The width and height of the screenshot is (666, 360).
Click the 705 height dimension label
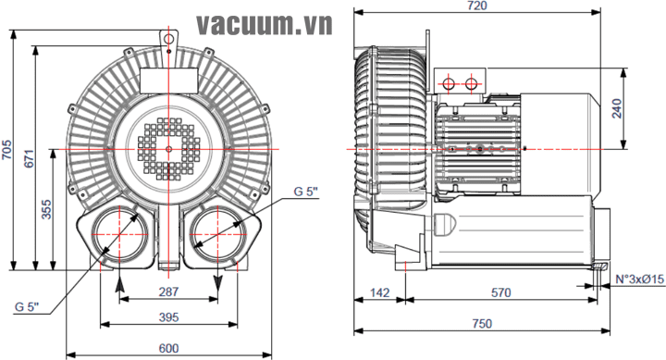[6, 150]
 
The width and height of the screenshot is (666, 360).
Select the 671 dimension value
[29, 158]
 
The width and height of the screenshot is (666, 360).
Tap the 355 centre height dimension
[46, 209]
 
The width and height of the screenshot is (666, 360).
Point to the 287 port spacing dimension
[168, 292]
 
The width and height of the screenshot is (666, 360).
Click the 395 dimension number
[168, 317]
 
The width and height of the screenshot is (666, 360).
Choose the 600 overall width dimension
[168, 349]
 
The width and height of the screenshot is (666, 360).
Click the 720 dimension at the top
[477, 6]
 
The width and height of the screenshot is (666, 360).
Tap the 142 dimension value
[379, 292]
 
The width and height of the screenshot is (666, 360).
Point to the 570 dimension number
[501, 292]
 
